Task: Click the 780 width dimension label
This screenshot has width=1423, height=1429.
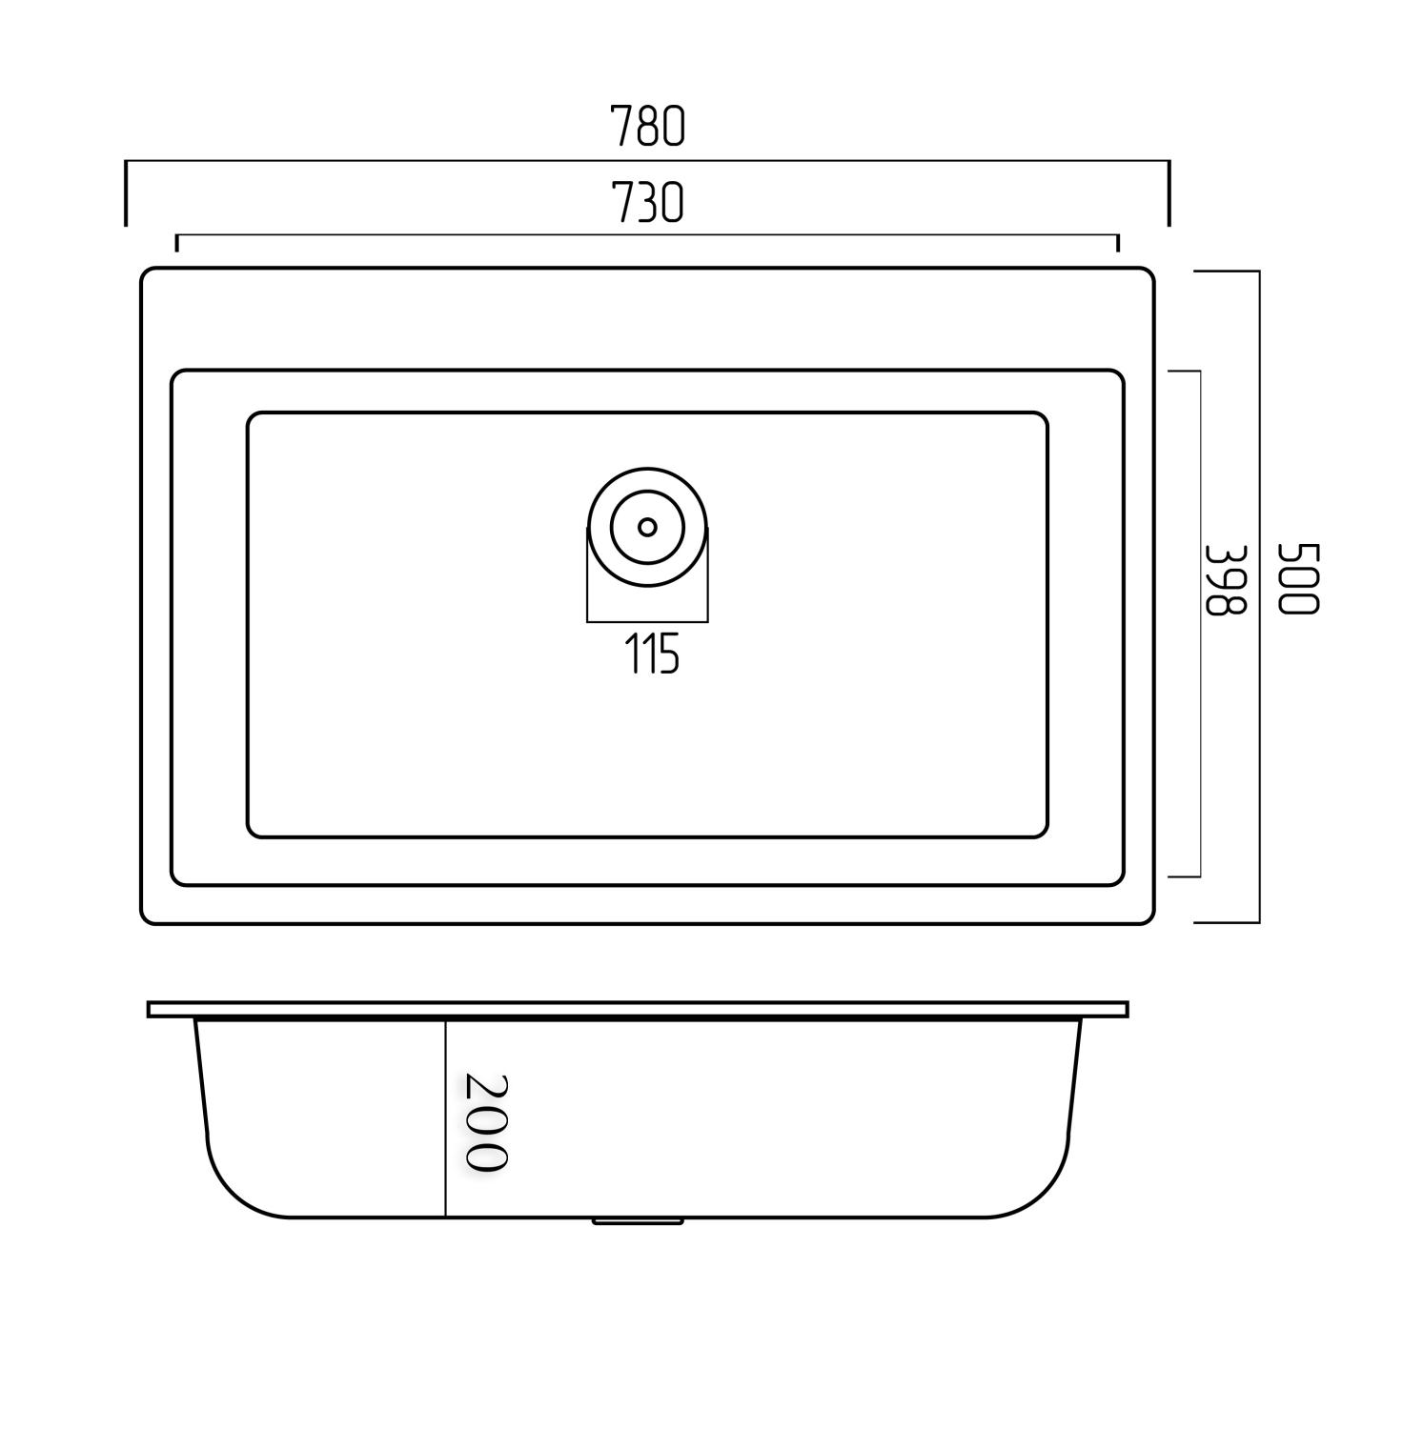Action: [647, 127]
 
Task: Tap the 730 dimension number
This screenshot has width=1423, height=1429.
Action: [647, 203]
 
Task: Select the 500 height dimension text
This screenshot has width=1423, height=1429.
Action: [1297, 579]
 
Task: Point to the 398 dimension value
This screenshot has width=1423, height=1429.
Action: [1226, 579]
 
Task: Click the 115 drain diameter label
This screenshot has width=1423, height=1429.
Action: [652, 654]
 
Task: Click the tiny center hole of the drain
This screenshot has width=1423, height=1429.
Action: [647, 527]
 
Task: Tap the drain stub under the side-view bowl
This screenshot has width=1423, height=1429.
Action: [638, 1220]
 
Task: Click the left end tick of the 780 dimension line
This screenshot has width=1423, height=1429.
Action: [126, 193]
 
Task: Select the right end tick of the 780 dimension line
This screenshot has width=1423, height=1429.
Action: [1169, 193]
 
